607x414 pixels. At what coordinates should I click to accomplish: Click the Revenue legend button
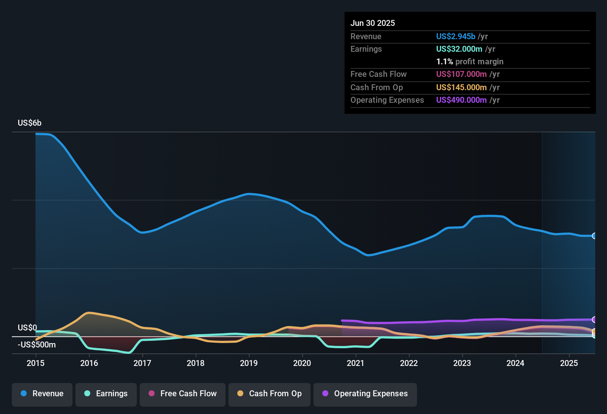(x=42, y=394)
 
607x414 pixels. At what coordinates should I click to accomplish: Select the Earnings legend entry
(x=106, y=394)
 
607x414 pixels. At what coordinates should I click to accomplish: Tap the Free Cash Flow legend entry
(x=183, y=394)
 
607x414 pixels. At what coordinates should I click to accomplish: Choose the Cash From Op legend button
(x=269, y=394)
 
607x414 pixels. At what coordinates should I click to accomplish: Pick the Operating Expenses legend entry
(x=365, y=394)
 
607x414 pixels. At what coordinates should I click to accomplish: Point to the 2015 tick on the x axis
(x=35, y=363)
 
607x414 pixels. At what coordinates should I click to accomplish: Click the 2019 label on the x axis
(x=249, y=363)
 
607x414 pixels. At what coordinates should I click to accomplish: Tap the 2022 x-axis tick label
(x=409, y=363)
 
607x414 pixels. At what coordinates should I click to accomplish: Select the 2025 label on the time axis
(x=569, y=363)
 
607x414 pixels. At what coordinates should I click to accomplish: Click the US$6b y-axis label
(x=30, y=123)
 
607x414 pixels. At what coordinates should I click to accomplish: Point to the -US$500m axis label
(x=37, y=345)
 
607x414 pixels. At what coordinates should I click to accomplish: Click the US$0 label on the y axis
(x=27, y=328)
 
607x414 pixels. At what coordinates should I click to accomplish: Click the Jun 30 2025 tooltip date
(x=373, y=23)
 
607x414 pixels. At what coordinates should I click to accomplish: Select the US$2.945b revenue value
(x=455, y=37)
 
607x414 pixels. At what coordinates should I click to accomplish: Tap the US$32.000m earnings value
(x=459, y=49)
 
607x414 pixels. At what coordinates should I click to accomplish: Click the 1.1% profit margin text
(x=469, y=62)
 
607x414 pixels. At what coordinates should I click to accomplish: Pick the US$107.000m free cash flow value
(x=461, y=74)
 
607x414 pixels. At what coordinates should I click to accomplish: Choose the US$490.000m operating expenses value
(x=461, y=100)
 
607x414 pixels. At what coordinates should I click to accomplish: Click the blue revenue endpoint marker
(x=594, y=236)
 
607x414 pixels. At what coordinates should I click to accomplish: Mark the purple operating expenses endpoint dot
(x=594, y=319)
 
